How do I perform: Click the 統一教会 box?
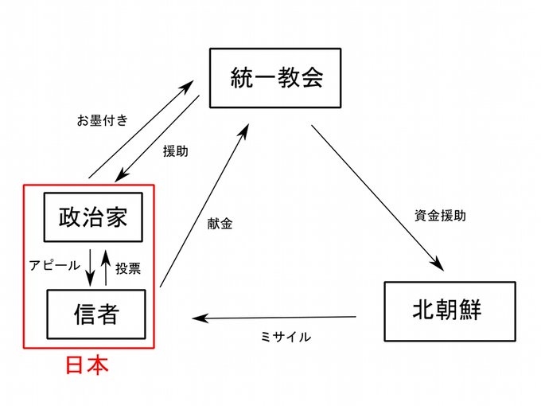pyautogui.click(x=274, y=78)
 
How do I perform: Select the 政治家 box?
pyautogui.click(x=93, y=217)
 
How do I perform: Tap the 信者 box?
pyautogui.click(x=96, y=314)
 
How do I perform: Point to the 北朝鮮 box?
pyautogui.click(x=447, y=308)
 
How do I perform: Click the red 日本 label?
pyautogui.click(x=86, y=366)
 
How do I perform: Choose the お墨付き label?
pyautogui.click(x=103, y=121)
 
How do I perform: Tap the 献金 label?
pyautogui.click(x=218, y=224)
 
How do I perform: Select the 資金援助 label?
pyautogui.click(x=439, y=215)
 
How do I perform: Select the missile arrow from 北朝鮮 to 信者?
pyautogui.click(x=278, y=318)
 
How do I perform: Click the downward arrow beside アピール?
pyautogui.click(x=91, y=267)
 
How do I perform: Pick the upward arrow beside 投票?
pyautogui.click(x=106, y=267)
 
